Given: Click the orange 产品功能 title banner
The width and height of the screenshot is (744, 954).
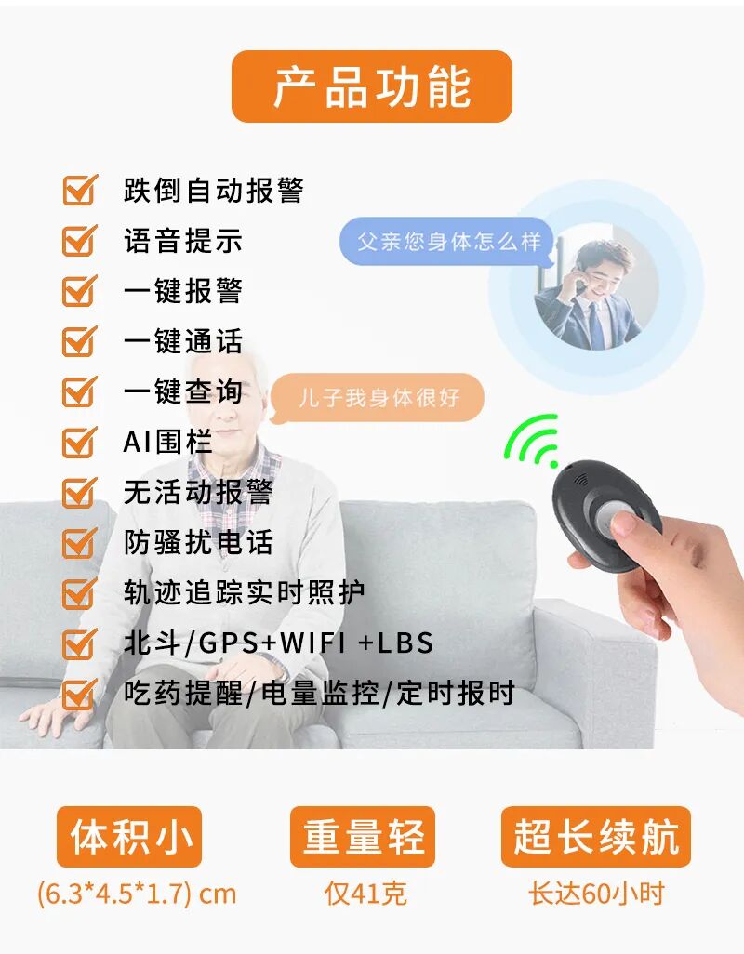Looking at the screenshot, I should click(x=371, y=86).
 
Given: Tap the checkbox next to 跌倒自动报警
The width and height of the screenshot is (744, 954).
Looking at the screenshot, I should click(x=79, y=190).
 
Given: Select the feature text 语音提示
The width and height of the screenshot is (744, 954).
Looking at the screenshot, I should click(x=182, y=241).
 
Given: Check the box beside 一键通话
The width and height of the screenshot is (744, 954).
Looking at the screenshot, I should click(x=79, y=341).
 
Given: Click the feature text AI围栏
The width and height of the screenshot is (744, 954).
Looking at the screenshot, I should click(x=167, y=442).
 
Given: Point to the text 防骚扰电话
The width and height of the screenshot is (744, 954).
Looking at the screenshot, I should click(x=198, y=542).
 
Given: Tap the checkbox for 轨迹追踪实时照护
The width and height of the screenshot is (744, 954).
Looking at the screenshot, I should click(x=79, y=592).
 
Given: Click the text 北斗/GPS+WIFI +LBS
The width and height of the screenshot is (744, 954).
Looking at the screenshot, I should click(x=278, y=643).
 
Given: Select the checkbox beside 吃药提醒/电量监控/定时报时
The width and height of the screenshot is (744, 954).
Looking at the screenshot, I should click(x=79, y=693).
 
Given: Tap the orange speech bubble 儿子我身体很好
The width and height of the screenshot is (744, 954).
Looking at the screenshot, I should click(x=379, y=398).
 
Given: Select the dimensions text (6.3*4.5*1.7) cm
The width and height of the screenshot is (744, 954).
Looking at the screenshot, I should click(x=137, y=894).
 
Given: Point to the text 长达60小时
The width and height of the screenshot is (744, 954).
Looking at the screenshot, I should click(x=596, y=894).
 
